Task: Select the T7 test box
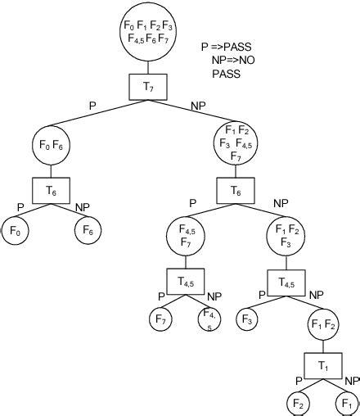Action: point(148,86)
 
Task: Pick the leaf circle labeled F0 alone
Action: point(16,232)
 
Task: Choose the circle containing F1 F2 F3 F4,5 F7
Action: point(236,143)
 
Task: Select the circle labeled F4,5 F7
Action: point(185,237)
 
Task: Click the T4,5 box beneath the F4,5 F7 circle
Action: point(185,281)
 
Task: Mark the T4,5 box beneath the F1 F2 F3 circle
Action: point(287,282)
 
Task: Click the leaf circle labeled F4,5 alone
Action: point(210,318)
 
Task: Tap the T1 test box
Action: point(323,365)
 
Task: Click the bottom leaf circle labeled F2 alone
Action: point(298,405)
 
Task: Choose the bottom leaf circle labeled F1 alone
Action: point(348,405)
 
